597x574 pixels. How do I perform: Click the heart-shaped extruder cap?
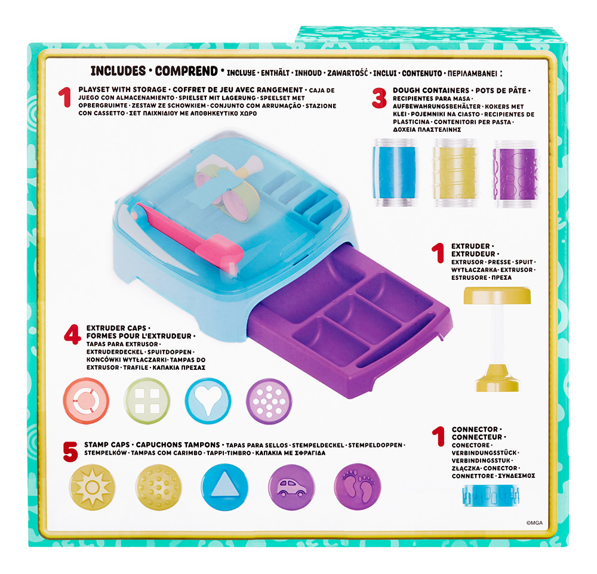pyautogui.click(x=208, y=401)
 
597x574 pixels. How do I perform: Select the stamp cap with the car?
pyautogui.click(x=291, y=487)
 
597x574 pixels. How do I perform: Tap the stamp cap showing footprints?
pyautogui.click(x=357, y=487)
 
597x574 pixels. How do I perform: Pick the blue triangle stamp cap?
pyautogui.click(x=224, y=487)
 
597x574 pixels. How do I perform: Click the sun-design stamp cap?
pyautogui.click(x=92, y=487)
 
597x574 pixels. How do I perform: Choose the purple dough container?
pyautogui.click(x=516, y=174)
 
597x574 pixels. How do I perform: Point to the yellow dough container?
pyautogui.click(x=456, y=173)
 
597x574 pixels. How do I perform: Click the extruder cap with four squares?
pyautogui.click(x=147, y=401)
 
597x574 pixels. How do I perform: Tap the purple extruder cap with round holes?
pyautogui.click(x=269, y=401)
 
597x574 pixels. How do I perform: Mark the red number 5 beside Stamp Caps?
pyautogui.click(x=70, y=452)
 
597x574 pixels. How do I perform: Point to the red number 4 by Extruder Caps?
pyautogui.click(x=72, y=335)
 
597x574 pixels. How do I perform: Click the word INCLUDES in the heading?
pyautogui.click(x=118, y=71)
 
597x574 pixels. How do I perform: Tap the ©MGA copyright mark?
pyautogui.click(x=534, y=523)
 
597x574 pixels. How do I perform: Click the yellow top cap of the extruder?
pyautogui.click(x=497, y=296)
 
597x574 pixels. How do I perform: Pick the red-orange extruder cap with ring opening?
pyautogui.click(x=86, y=401)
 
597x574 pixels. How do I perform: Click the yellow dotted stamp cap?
pyautogui.click(x=158, y=487)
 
